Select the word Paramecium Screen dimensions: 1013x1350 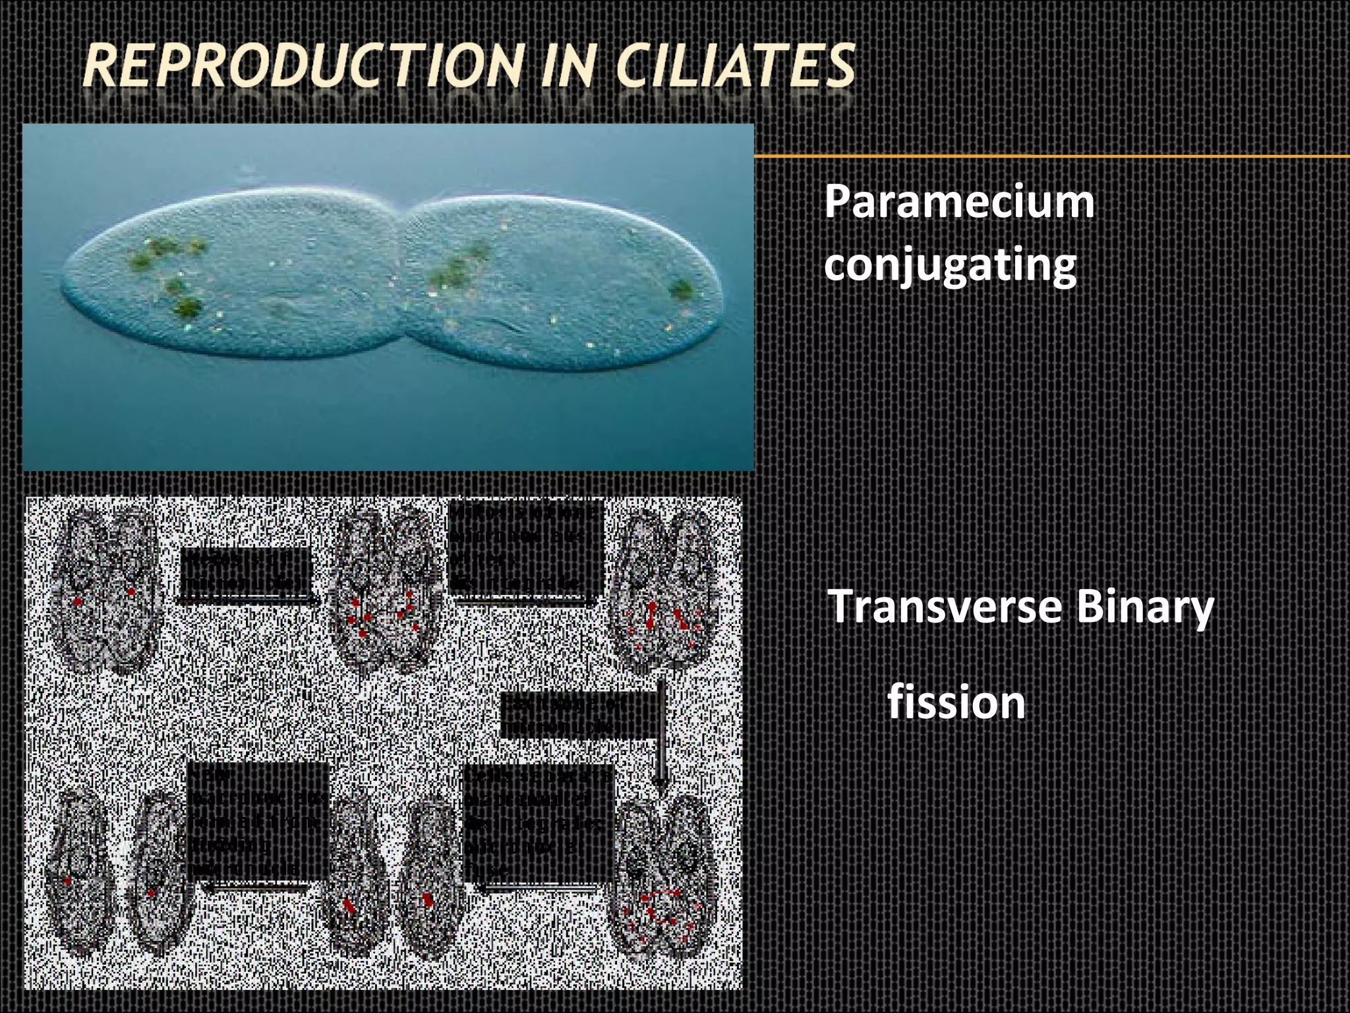(959, 202)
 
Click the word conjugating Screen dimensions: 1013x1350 (950, 266)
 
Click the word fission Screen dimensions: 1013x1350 (956, 702)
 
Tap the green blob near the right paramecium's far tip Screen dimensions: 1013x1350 (681, 290)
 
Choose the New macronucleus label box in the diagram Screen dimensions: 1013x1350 (258, 821)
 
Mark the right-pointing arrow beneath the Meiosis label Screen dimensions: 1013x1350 (248, 600)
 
